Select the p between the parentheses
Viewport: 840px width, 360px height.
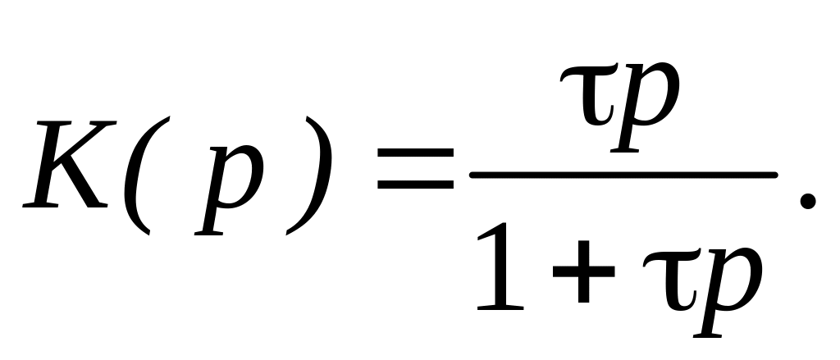coord(229,190)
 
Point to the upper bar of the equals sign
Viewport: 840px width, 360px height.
coord(416,153)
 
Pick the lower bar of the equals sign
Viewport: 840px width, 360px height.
coord(416,185)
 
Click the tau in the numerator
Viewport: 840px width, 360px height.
coord(589,93)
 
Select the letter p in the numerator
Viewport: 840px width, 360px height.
coord(646,107)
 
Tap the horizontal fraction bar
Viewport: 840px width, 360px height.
coord(623,175)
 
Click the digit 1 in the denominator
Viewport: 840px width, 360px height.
coord(500,267)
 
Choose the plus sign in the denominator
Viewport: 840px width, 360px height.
coord(583,271)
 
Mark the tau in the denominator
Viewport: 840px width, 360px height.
coord(672,279)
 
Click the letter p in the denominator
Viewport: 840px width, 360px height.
coord(728,293)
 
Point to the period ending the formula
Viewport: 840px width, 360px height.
coord(808,202)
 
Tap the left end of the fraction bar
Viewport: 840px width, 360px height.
coord(471,175)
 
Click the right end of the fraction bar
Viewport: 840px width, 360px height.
coord(776,175)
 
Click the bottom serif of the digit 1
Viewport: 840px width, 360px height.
coord(500,308)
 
